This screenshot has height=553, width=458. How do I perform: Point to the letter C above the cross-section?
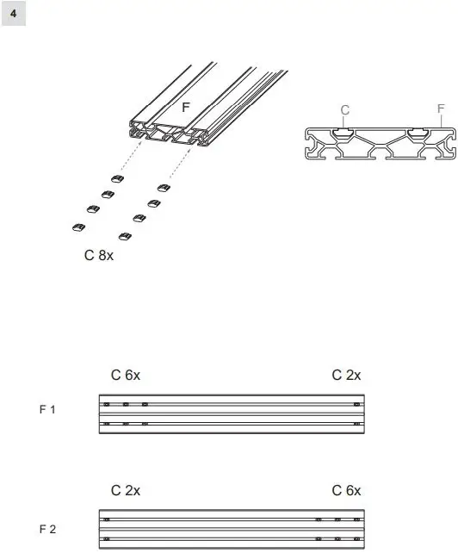[x=345, y=109]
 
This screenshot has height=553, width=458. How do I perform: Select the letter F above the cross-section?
[x=441, y=109]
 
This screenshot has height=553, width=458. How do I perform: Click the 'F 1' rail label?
[x=47, y=410]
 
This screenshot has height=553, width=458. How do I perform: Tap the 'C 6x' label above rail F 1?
[x=126, y=375]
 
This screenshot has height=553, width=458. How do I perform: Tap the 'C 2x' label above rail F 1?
[x=347, y=375]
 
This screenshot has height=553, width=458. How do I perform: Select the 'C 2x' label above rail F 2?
[x=126, y=491]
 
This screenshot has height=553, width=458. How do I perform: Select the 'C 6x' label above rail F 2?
[x=347, y=491]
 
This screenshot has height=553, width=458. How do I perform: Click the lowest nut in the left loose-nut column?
[x=77, y=227]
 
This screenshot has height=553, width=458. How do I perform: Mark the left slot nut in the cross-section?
[x=343, y=131]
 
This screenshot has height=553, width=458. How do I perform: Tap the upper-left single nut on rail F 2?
[x=107, y=520]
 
